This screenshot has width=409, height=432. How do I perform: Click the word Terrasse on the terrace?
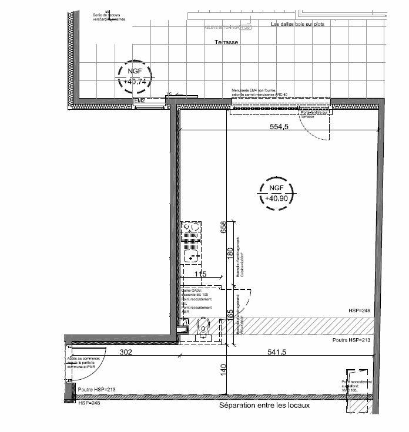[x=226, y=43]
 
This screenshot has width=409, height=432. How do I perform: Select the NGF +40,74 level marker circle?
[x=133, y=76]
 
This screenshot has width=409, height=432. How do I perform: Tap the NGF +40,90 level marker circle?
[x=274, y=193]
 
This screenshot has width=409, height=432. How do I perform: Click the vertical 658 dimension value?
[x=223, y=227]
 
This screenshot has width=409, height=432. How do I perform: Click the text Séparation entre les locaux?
[x=264, y=406]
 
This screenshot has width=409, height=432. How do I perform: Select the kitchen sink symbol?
[x=191, y=254]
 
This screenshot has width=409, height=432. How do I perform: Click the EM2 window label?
[x=139, y=101]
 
